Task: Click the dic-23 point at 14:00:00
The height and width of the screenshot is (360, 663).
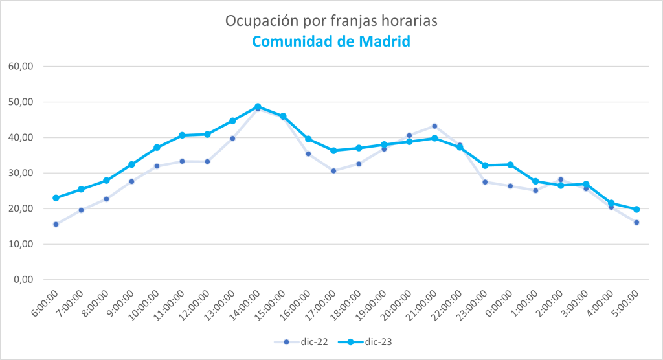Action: (258, 107)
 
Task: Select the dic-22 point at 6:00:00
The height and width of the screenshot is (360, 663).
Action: (56, 224)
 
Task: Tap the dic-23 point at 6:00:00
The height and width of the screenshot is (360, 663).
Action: (56, 198)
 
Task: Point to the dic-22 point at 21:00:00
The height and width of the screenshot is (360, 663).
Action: (434, 126)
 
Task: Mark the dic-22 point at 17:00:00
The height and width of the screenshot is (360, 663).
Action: (333, 171)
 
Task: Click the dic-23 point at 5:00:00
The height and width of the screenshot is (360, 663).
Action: (636, 209)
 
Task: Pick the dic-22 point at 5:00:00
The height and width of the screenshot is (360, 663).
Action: (636, 223)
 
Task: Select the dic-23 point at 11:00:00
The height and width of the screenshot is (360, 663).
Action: (182, 135)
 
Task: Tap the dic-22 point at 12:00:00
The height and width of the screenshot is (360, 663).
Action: (207, 161)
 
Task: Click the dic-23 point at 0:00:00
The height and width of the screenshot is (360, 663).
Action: (510, 164)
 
